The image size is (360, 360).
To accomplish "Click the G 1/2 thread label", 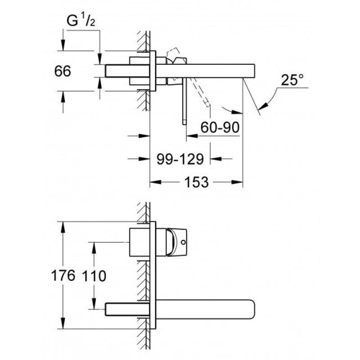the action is coord(81,21).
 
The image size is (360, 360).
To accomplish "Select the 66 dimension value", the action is coord(63,71).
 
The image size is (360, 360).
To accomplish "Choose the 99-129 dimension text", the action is coord(180,159).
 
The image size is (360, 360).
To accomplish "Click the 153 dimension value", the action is coord(197,182).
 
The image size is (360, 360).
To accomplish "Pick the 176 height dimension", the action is coord(63,275).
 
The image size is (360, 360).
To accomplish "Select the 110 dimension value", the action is coord(94,276).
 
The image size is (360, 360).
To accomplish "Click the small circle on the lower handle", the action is coord(183,242).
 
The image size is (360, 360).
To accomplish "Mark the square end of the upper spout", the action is coord(254,71).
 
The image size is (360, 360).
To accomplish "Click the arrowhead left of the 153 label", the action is coord(155,182).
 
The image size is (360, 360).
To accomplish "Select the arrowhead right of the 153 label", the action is coord(237,182).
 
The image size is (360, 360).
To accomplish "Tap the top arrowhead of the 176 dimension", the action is coord(63,227).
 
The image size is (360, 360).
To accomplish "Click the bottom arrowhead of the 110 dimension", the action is coord(94,303).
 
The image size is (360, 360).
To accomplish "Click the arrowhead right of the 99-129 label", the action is coord(216,158).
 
